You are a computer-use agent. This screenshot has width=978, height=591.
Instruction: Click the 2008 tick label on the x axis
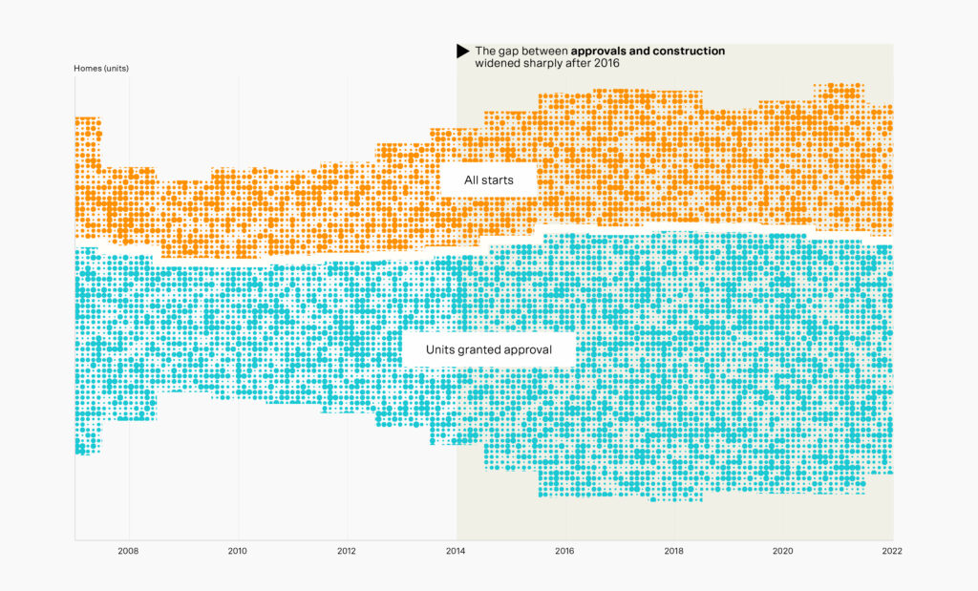click(x=128, y=551)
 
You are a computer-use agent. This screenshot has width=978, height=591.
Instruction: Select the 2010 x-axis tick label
click(x=237, y=551)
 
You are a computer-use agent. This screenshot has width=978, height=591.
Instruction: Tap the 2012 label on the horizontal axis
click(x=347, y=551)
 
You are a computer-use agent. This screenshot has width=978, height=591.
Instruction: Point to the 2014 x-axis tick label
click(x=456, y=551)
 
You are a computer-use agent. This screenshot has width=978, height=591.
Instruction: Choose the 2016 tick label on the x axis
click(x=564, y=551)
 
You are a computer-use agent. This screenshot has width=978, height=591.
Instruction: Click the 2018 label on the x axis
click(x=673, y=551)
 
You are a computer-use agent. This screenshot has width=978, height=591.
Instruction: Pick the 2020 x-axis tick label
click(x=782, y=551)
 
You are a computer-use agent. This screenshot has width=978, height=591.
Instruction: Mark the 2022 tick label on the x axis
click(x=891, y=551)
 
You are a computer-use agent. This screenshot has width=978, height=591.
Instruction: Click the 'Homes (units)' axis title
click(x=101, y=69)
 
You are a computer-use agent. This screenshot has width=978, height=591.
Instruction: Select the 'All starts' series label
click(x=489, y=179)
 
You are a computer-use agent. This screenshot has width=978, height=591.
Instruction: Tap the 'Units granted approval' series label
click(x=490, y=349)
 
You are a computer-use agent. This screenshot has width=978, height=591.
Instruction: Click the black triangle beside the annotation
click(x=462, y=51)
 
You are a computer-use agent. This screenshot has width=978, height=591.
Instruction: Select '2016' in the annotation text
click(x=606, y=63)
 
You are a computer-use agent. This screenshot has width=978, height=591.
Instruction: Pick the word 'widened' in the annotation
click(x=498, y=63)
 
